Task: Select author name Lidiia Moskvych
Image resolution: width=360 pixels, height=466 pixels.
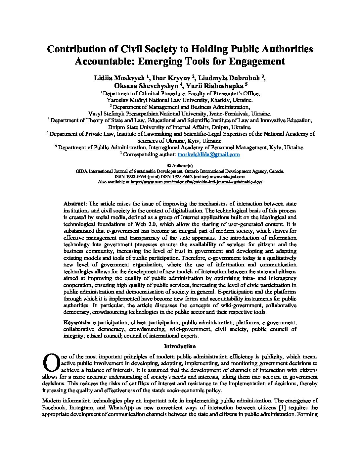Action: point(120,78)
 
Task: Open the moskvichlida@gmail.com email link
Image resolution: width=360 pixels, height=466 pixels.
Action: point(208,154)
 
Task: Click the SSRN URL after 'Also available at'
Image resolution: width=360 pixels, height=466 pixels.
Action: point(197,182)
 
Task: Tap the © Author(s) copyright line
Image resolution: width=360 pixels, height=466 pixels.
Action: point(180,165)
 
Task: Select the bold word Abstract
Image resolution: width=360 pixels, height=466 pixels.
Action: point(75,204)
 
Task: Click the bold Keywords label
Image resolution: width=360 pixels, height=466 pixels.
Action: point(77,322)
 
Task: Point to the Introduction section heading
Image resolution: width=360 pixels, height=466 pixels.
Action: point(180,346)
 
